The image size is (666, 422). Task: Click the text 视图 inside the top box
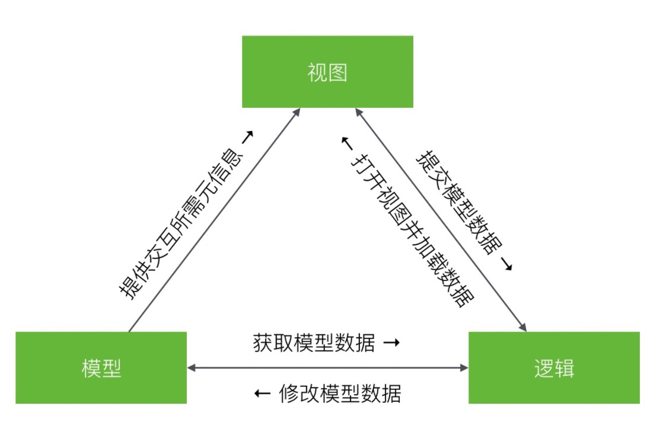click(327, 72)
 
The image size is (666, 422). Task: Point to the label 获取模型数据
click(314, 343)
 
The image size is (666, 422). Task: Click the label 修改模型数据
click(339, 394)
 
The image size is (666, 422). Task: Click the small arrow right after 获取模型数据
click(391, 343)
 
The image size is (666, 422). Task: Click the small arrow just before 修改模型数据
click(263, 394)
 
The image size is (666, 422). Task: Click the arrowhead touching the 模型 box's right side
click(192, 368)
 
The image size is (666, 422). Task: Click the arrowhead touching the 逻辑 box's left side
click(464, 368)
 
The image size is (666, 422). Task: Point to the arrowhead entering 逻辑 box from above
click(522, 327)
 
